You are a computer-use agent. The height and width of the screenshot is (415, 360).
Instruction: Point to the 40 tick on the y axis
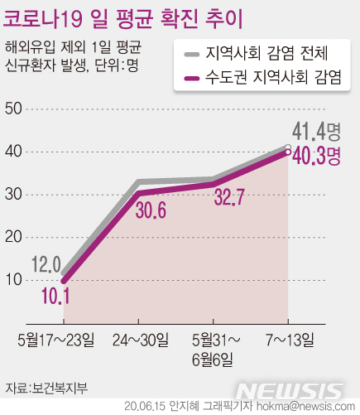coord(13,152)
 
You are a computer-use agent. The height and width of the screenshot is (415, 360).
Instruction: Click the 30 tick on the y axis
coord(13,195)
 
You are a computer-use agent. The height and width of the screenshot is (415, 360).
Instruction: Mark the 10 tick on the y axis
coord(13,280)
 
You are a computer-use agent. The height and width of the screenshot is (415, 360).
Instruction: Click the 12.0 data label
coord(46,264)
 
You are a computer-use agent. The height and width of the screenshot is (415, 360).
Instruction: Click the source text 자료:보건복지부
coord(45,387)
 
